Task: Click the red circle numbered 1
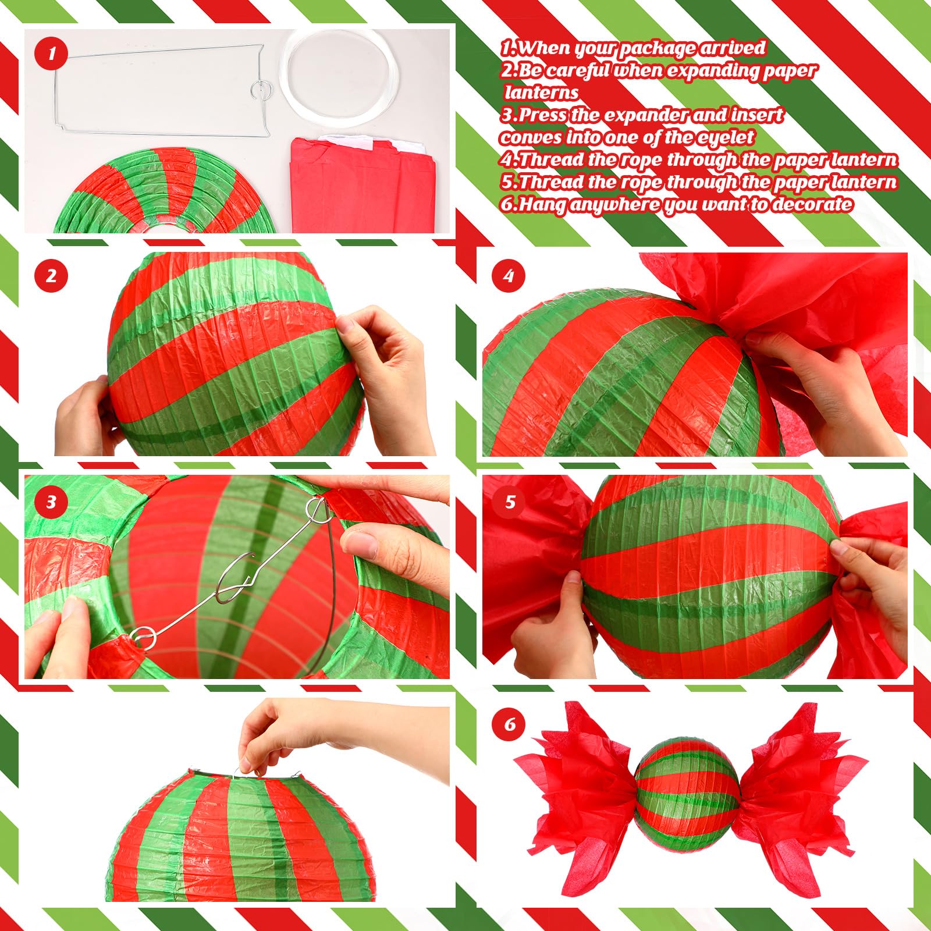click(51, 54)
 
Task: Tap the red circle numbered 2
click(51, 275)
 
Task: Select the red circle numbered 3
click(51, 502)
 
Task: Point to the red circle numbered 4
click(509, 275)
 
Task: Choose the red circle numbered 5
click(509, 502)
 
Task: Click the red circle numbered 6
click(509, 724)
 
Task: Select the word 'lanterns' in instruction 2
click(541, 93)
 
